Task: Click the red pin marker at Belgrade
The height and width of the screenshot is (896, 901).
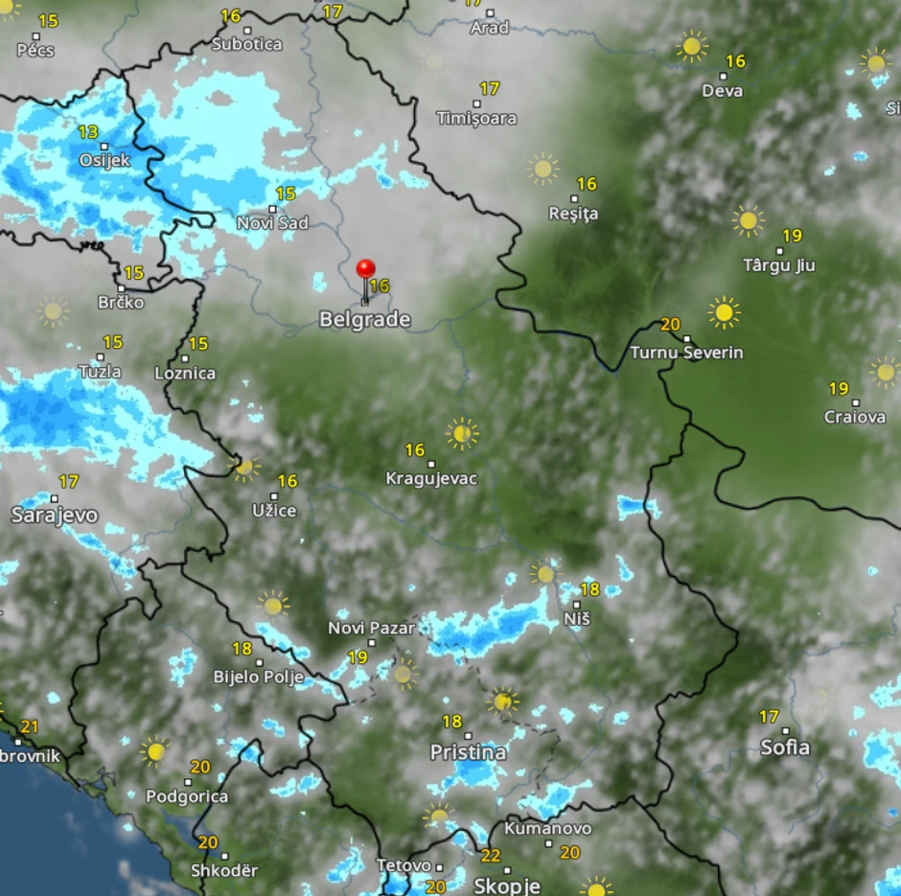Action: (365, 271)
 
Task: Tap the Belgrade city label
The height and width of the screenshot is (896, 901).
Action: (364, 320)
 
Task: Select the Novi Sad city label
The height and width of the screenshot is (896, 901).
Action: (273, 223)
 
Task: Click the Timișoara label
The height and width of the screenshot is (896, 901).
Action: (476, 119)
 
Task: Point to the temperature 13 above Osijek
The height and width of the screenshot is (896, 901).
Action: (88, 132)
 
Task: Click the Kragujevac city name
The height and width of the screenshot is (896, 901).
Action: (430, 478)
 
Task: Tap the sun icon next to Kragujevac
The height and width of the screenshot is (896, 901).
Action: (462, 433)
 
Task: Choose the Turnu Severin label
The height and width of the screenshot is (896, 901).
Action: (686, 353)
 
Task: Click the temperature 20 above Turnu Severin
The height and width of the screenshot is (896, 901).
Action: (670, 325)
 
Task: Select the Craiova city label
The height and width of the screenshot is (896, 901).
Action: (855, 417)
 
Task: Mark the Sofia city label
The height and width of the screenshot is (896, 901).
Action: (785, 747)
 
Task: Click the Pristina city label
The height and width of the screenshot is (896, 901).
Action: (468, 752)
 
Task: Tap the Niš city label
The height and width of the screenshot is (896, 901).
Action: (577, 619)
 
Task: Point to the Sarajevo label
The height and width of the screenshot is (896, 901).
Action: (55, 516)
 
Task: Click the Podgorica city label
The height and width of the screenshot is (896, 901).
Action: (187, 796)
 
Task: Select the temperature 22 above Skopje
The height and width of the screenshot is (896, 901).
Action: (491, 856)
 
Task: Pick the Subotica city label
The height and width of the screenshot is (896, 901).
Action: (247, 44)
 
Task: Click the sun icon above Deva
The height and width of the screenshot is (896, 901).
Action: (690, 45)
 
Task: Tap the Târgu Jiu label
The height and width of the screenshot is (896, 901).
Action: (779, 265)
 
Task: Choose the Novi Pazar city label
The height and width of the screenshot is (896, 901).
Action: (371, 629)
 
